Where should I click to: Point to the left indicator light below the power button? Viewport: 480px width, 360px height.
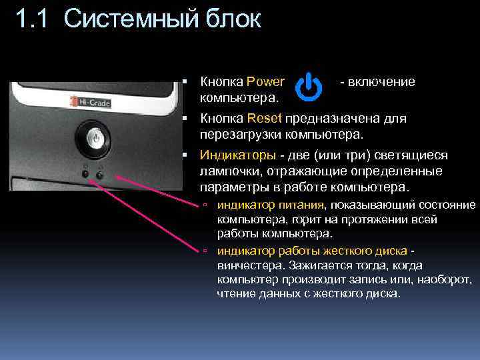coord(86,175)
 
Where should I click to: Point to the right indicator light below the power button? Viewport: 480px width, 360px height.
coord(99,175)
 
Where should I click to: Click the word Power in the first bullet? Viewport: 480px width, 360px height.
coord(265,82)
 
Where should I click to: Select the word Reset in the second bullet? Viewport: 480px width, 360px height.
coord(265,119)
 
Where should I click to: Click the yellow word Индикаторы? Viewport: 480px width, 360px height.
coord(237,155)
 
